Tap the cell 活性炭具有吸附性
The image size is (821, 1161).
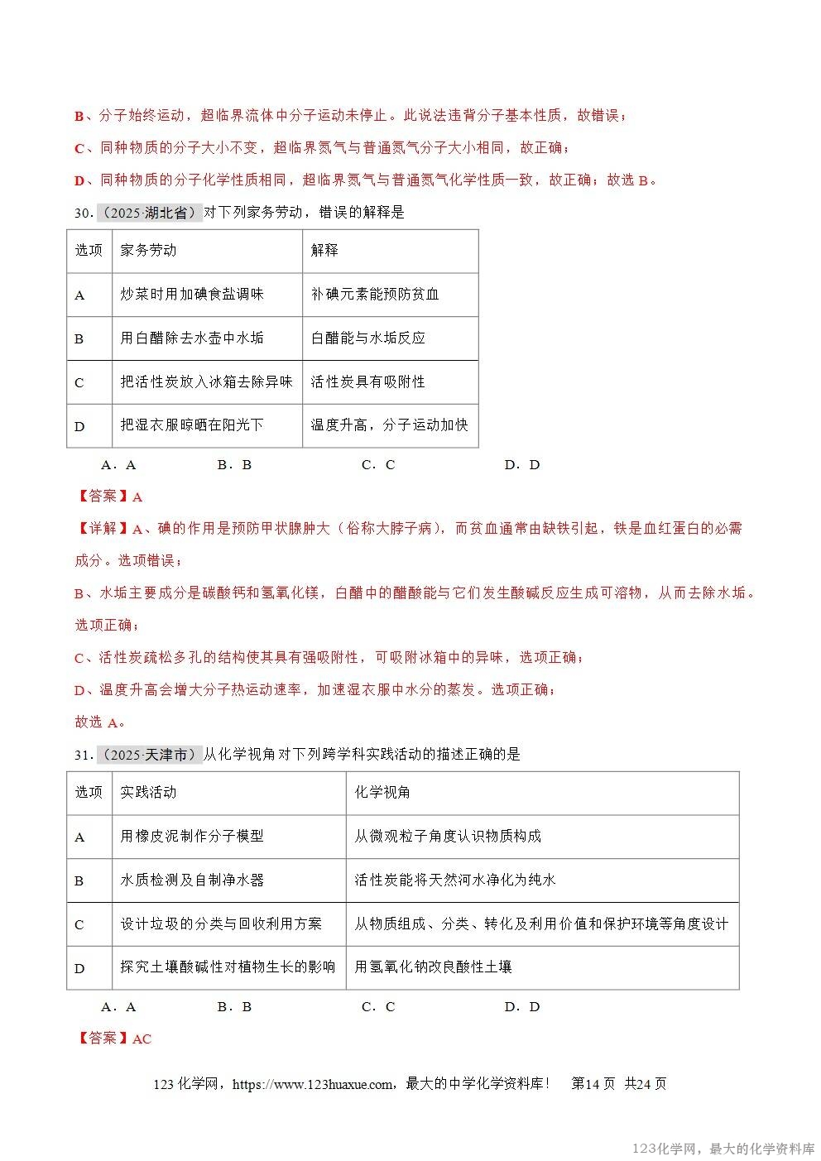coord(367,382)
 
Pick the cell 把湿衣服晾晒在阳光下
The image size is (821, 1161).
coord(192,425)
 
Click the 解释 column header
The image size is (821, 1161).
coord(324,251)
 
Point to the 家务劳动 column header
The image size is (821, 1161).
coord(148,251)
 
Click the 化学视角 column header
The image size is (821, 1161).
coord(382,793)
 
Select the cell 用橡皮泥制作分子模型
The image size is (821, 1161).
coord(192,837)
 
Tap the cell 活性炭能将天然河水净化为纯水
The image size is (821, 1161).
coord(455,880)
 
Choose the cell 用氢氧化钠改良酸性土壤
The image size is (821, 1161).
coord(433,967)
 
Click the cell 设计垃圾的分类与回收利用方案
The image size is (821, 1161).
coord(221,924)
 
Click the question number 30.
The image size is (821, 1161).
coord(83,213)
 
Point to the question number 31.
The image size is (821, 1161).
coord(83,755)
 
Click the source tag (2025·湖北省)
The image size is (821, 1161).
coord(150,213)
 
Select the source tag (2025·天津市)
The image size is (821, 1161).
coord(150,755)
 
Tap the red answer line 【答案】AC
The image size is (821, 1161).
coord(114,1039)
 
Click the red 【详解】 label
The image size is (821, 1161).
coord(103,529)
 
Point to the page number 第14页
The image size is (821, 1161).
coord(593,1084)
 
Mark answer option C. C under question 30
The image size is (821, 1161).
coord(378,465)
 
